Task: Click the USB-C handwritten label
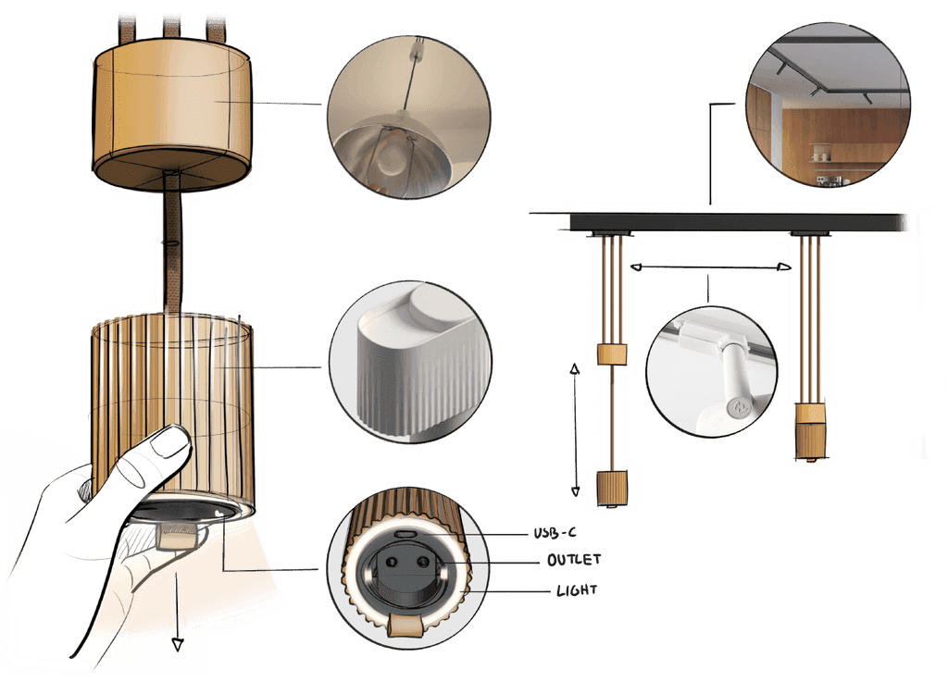pyautogui.click(x=555, y=533)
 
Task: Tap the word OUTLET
pyautogui.click(x=574, y=560)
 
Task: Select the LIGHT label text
pyautogui.click(x=577, y=589)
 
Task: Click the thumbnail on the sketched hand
pyautogui.click(x=169, y=442)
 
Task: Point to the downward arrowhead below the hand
pyautogui.click(x=177, y=645)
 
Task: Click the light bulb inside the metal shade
pyautogui.click(x=390, y=157)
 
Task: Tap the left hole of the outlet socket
pyautogui.click(x=392, y=563)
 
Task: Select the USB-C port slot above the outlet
pyautogui.click(x=405, y=535)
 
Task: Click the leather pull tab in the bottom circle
pyautogui.click(x=406, y=626)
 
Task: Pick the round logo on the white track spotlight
pyautogui.click(x=739, y=408)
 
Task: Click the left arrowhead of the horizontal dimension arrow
pyautogui.click(x=636, y=267)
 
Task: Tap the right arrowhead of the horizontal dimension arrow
pyautogui.click(x=783, y=267)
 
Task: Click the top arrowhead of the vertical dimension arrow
pyautogui.click(x=575, y=368)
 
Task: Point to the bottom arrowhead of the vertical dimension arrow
pyautogui.click(x=576, y=491)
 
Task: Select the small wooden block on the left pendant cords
pyautogui.click(x=612, y=354)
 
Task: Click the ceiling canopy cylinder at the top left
pyautogui.click(x=172, y=115)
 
